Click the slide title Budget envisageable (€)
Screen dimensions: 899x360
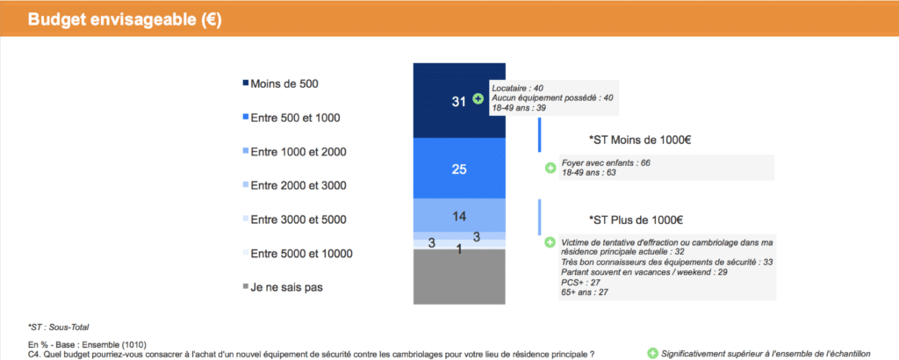pyautogui.click(x=125, y=19)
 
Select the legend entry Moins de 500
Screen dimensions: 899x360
pyautogui.click(x=280, y=83)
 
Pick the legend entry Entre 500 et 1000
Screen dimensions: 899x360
pyautogui.click(x=291, y=118)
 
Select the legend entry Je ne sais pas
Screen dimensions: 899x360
pyautogui.click(x=283, y=287)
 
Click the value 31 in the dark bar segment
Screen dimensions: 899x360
pyautogui.click(x=458, y=102)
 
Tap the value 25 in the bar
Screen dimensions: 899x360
pyautogui.click(x=459, y=169)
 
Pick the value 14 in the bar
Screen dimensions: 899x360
pyautogui.click(x=459, y=216)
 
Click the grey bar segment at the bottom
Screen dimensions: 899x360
pyautogui.click(x=459, y=277)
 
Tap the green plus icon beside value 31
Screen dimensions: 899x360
pyautogui.click(x=478, y=98)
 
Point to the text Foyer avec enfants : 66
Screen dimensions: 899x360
pyautogui.click(x=606, y=163)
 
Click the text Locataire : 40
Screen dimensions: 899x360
pyautogui.click(x=518, y=89)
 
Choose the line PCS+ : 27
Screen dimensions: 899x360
pyautogui.click(x=580, y=282)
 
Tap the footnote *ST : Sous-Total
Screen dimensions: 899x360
pyautogui.click(x=58, y=328)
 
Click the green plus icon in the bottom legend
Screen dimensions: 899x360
pyautogui.click(x=652, y=353)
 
